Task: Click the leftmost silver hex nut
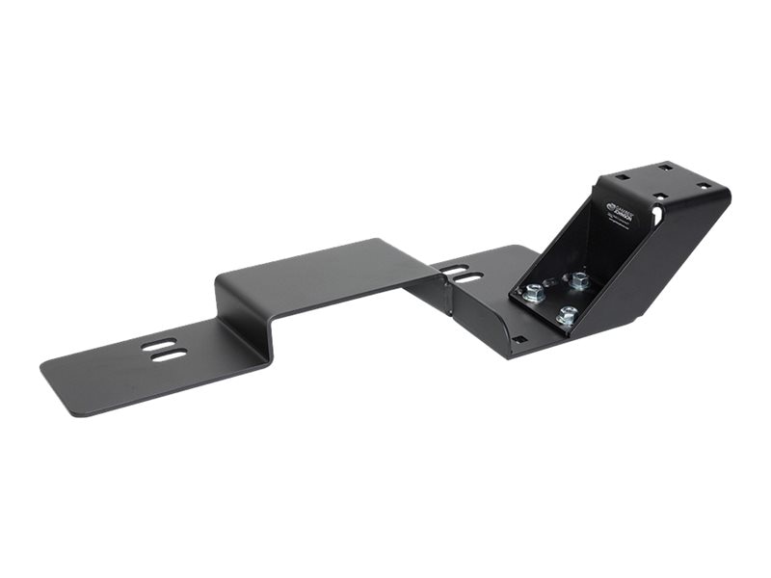click(x=532, y=292)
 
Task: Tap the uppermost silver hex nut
click(x=578, y=280)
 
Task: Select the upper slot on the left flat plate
click(x=159, y=344)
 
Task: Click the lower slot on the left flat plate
click(x=170, y=355)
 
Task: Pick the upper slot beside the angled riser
click(x=454, y=269)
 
